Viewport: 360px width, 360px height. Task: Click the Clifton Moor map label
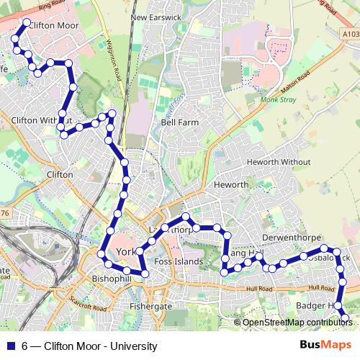[x=55, y=26]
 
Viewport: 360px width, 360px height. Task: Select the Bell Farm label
[x=179, y=122]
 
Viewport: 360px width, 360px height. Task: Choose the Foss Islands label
[x=179, y=261]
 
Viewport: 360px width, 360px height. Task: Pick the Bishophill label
[x=110, y=278]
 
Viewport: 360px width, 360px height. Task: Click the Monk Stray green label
[x=279, y=100]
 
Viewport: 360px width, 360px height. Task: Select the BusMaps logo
[x=326, y=345]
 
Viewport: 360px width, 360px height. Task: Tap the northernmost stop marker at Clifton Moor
[x=27, y=23]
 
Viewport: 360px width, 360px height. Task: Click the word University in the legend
[x=133, y=346]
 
